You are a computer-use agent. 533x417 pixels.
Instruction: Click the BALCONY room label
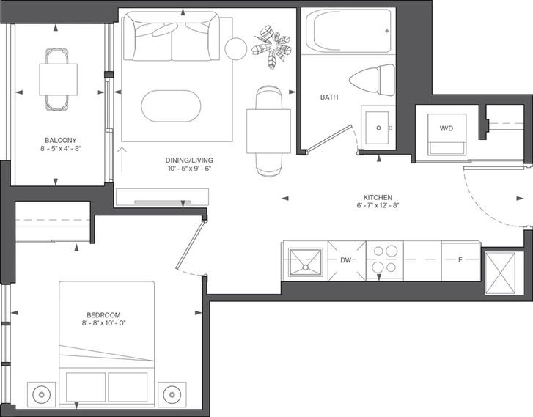(61, 140)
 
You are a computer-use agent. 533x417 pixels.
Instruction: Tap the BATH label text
(329, 97)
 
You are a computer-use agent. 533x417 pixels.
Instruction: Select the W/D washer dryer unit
(446, 135)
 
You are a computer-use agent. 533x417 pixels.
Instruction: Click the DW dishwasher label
(346, 260)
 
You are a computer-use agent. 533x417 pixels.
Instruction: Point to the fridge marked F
(460, 261)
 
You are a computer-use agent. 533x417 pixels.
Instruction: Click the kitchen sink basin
(305, 262)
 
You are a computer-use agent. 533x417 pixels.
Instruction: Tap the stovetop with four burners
(384, 261)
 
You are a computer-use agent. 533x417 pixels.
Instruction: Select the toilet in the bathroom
(372, 80)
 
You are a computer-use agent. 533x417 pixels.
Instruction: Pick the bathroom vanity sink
(378, 128)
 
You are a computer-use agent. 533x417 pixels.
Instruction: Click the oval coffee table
(171, 106)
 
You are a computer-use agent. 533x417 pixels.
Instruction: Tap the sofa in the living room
(172, 36)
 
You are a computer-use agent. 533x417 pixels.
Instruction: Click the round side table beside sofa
(235, 49)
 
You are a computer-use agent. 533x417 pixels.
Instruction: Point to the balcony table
(58, 80)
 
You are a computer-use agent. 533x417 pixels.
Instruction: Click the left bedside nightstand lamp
(41, 395)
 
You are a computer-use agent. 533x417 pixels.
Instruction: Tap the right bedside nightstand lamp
(172, 395)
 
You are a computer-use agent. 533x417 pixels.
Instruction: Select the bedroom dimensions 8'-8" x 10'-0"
(103, 323)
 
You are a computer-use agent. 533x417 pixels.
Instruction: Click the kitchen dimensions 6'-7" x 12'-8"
(378, 205)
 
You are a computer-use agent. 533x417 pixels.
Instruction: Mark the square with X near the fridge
(500, 272)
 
